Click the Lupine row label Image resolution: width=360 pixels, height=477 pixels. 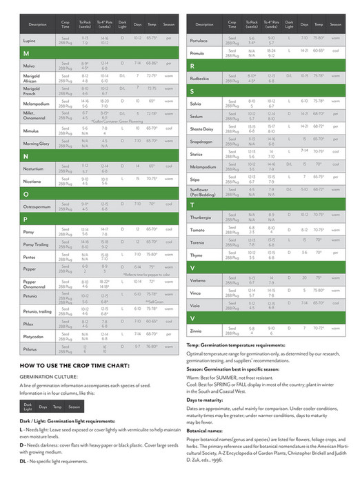[x=29, y=40]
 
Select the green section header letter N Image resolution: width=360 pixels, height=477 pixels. [x=26, y=157]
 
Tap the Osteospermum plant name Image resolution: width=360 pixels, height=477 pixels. [x=38, y=206]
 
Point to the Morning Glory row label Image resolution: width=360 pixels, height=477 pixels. [x=35, y=143]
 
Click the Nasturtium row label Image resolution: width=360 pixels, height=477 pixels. [x=33, y=168]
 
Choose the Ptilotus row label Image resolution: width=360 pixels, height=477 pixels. [x=30, y=348]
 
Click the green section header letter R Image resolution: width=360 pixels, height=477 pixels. [x=192, y=66]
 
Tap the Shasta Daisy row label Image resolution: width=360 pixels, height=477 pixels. [x=203, y=129]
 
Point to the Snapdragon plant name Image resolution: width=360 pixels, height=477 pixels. [x=202, y=142]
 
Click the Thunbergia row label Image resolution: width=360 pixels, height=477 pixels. [x=203, y=217]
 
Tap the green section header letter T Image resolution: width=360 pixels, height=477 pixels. [x=192, y=205]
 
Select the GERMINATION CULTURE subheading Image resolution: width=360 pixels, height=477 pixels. [x=47, y=378]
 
